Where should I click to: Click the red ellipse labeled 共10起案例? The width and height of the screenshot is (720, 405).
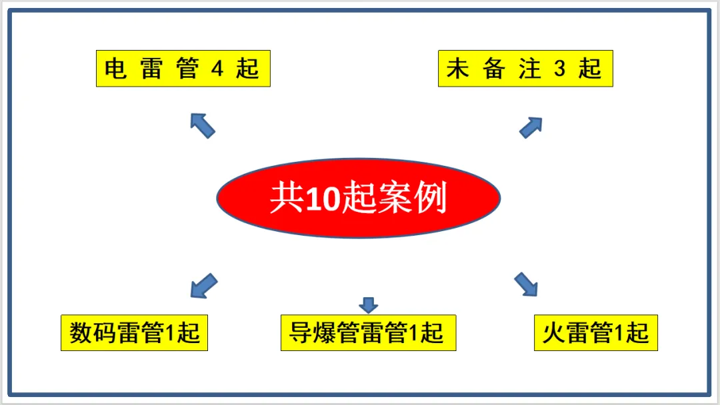pos(358,198)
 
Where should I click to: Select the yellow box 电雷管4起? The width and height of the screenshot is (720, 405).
pos(183,69)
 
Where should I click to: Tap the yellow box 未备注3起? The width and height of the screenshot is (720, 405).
pos(525,69)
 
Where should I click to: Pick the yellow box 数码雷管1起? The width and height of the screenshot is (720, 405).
pos(134,332)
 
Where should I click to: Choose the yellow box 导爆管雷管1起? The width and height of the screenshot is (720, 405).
pos(368,332)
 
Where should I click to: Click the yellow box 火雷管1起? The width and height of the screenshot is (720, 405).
pos(595,332)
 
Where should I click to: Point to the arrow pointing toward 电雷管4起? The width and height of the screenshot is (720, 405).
pos(202,125)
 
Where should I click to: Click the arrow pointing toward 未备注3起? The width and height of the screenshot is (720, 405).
pos(531,127)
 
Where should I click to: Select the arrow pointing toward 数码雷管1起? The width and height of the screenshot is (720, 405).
pos(203,285)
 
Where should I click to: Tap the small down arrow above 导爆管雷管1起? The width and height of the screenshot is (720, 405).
pos(368,304)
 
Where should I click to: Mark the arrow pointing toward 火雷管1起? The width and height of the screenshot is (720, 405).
pos(526,284)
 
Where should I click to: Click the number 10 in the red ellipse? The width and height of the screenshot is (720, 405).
pos(323,199)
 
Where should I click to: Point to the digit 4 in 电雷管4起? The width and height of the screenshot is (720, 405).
pos(217,69)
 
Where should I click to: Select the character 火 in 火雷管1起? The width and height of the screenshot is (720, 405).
pos(551,333)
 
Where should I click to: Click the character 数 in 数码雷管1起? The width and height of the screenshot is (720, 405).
pos(81,333)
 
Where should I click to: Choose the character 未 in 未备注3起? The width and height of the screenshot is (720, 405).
pos(458,69)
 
